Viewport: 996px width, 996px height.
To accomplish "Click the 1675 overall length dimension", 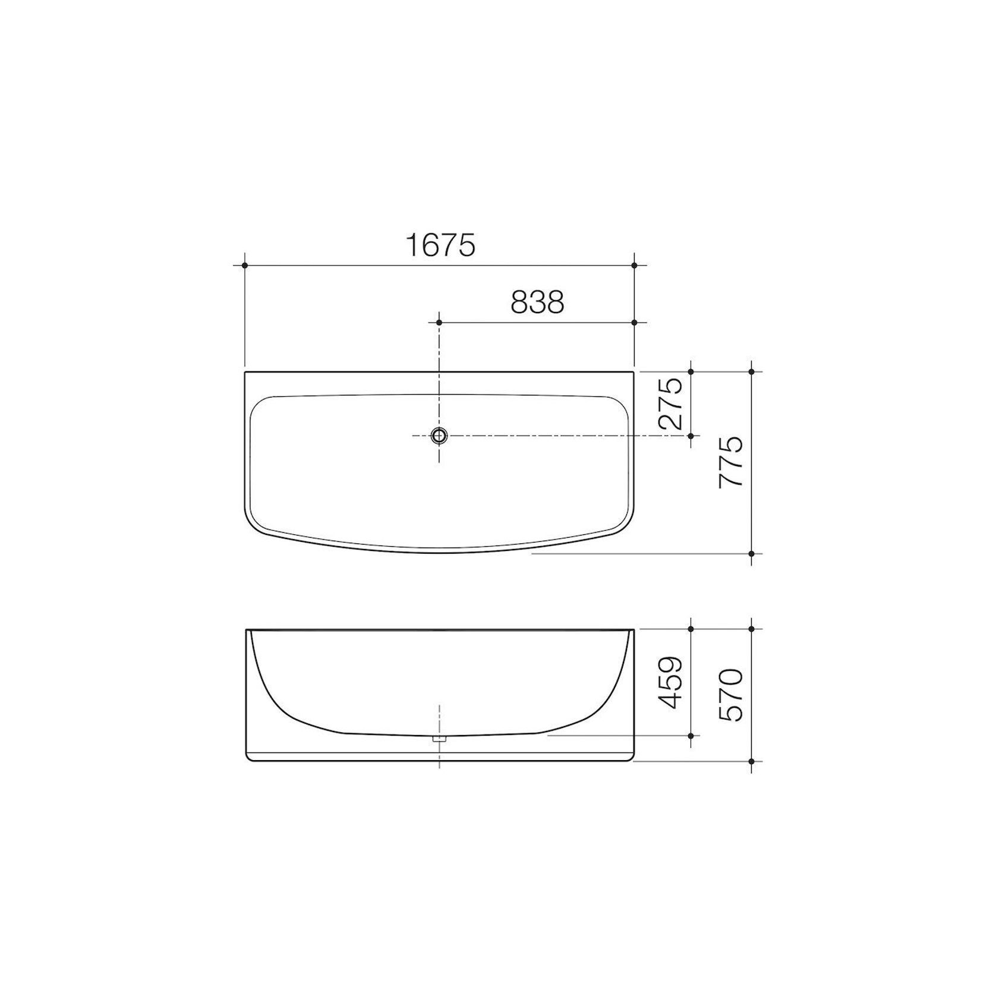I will (x=440, y=245).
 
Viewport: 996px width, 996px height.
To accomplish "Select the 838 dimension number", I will (x=537, y=302).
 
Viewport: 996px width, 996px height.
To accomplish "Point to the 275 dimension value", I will (x=672, y=404).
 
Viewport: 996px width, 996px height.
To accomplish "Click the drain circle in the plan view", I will (x=439, y=436).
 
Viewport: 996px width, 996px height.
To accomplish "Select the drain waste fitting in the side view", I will (x=439, y=739).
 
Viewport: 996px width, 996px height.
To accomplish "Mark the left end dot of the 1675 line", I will (x=245, y=265).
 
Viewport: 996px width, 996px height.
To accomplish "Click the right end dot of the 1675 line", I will (x=634, y=265).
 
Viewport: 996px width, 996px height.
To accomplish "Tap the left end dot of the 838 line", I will (x=439, y=322).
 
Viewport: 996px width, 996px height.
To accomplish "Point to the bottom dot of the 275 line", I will (x=691, y=436).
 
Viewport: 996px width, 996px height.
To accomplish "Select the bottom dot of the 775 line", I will (x=751, y=553).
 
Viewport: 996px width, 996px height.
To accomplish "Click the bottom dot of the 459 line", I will (x=691, y=736).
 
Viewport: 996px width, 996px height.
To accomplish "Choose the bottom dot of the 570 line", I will (x=751, y=761).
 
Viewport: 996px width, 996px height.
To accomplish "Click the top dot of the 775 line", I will (x=751, y=371).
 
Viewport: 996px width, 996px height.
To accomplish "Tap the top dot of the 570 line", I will (x=751, y=628).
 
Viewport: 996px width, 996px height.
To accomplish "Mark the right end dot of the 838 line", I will (x=634, y=322).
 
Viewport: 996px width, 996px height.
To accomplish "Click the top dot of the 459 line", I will (x=691, y=628).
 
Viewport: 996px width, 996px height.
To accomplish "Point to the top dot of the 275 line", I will (x=691, y=371).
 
